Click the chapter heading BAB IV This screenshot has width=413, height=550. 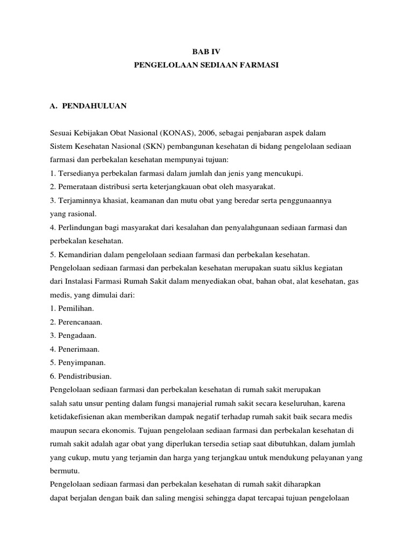click(206, 51)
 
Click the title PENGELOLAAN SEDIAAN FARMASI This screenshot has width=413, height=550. click(206, 65)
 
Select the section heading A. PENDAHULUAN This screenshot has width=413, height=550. click(88, 106)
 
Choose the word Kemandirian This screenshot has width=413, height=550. click(76, 254)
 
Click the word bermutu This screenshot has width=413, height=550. click(64, 471)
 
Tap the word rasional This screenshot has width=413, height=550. click(81, 213)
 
